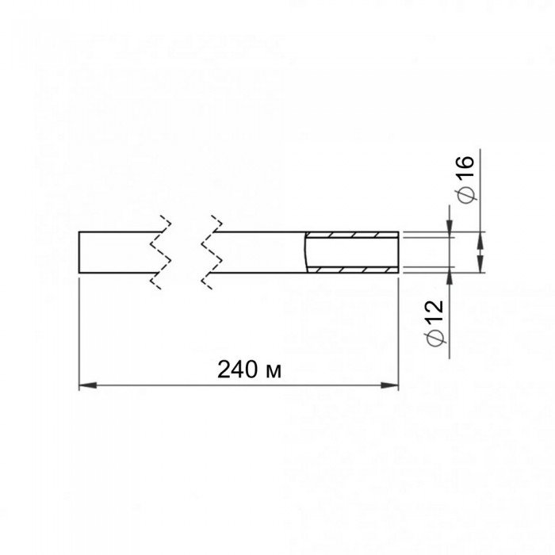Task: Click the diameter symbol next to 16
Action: pyautogui.click(x=466, y=193)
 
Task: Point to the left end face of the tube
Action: pyautogui.click(x=78, y=253)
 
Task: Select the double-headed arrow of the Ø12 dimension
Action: pyautogui.click(x=478, y=252)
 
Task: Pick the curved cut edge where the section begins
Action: pyautogui.click(x=306, y=252)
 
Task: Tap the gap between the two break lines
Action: pyautogui.click(x=186, y=253)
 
